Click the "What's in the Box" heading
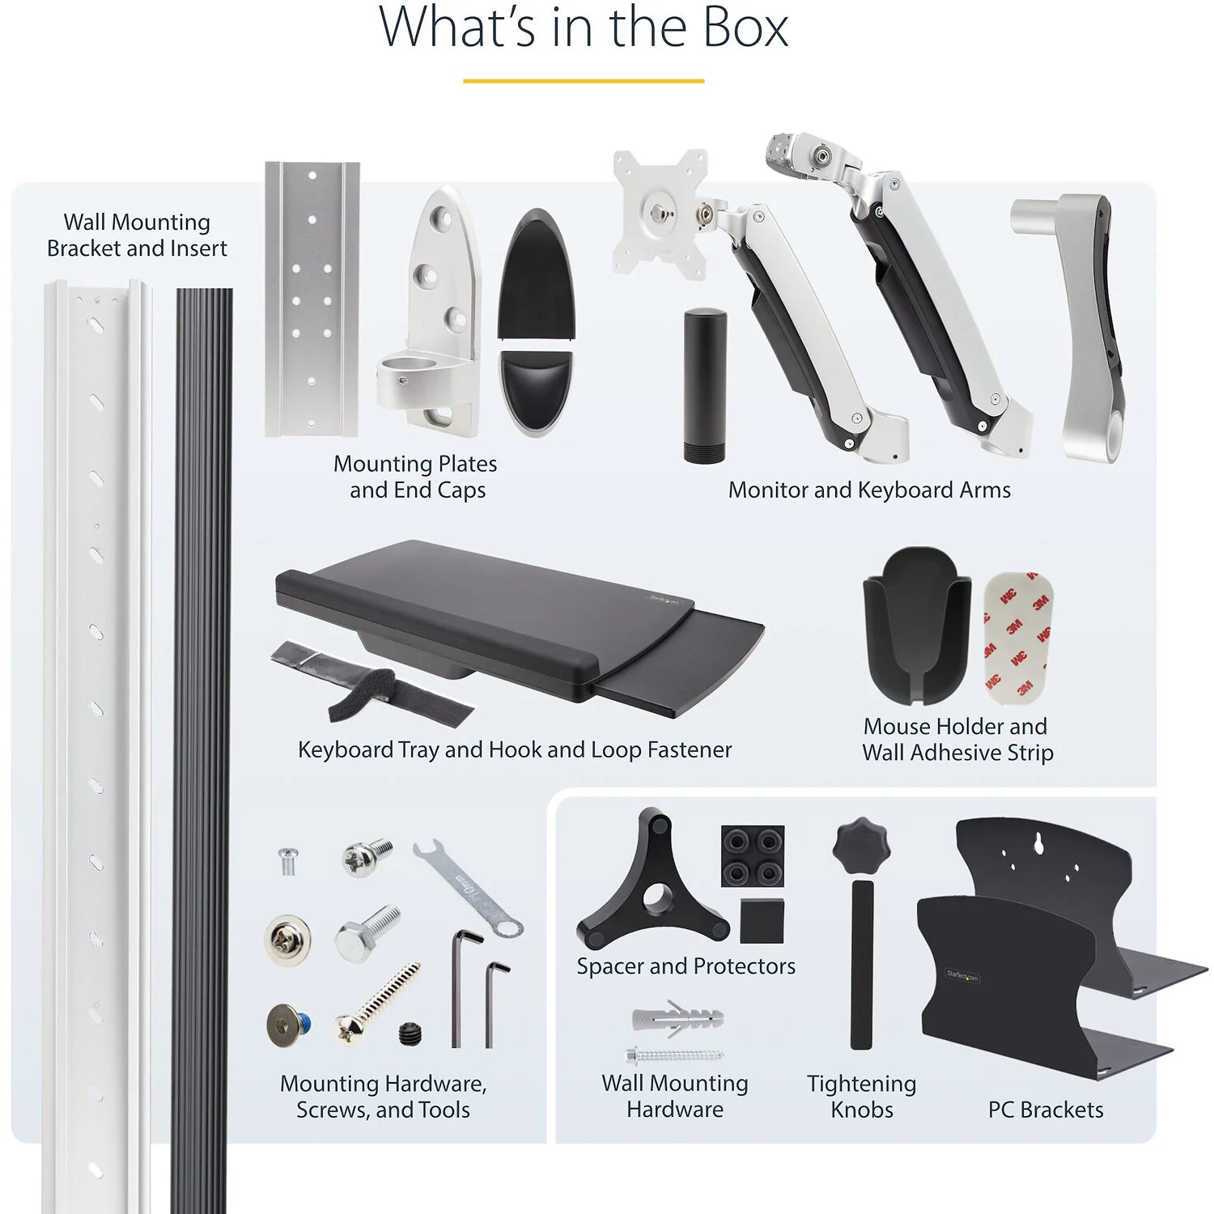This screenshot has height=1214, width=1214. [x=584, y=28]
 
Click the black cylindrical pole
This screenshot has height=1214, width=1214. [x=704, y=385]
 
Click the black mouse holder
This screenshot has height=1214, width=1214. [x=917, y=626]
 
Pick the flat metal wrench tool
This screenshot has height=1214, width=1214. [x=469, y=888]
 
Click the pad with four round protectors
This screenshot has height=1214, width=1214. [x=753, y=856]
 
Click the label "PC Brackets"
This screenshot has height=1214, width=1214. [x=1046, y=1110]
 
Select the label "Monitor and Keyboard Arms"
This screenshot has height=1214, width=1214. [x=869, y=490]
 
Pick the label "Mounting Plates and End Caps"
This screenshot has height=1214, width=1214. [x=416, y=477]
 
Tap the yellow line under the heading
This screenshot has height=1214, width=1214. [x=584, y=81]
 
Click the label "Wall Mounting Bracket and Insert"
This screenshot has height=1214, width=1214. [x=137, y=235]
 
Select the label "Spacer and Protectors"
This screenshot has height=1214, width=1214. [x=686, y=966]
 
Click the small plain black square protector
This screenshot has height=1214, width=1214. [x=762, y=920]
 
